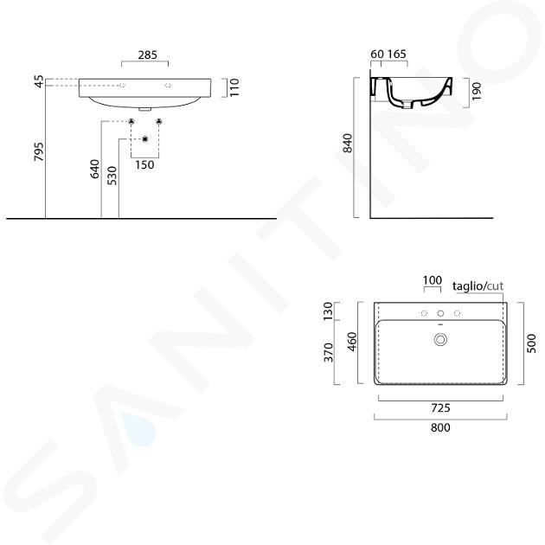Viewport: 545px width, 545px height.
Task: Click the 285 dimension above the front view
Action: [x=148, y=54]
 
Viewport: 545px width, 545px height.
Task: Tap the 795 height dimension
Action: [x=39, y=151]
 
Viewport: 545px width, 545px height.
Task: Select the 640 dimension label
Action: [x=95, y=169]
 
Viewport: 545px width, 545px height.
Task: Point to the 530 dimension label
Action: [x=112, y=176]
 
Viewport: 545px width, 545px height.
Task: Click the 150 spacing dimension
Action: [x=144, y=164]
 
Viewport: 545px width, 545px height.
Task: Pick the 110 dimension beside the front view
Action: [x=234, y=87]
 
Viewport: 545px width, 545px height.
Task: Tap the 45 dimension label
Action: [x=39, y=81]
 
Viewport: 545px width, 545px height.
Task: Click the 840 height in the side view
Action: [x=348, y=144]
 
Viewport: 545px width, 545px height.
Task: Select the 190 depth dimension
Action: [x=477, y=92]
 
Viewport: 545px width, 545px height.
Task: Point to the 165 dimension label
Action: [x=396, y=54]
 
